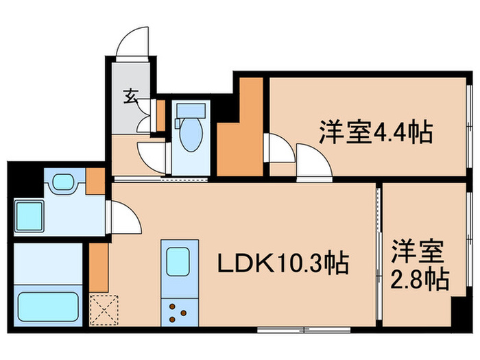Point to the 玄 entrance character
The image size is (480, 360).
point(130,96)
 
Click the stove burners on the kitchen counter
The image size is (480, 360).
point(180,313)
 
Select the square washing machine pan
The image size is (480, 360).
point(29,215)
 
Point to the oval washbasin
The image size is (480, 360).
point(63,182)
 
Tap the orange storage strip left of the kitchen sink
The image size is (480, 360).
point(99,266)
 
